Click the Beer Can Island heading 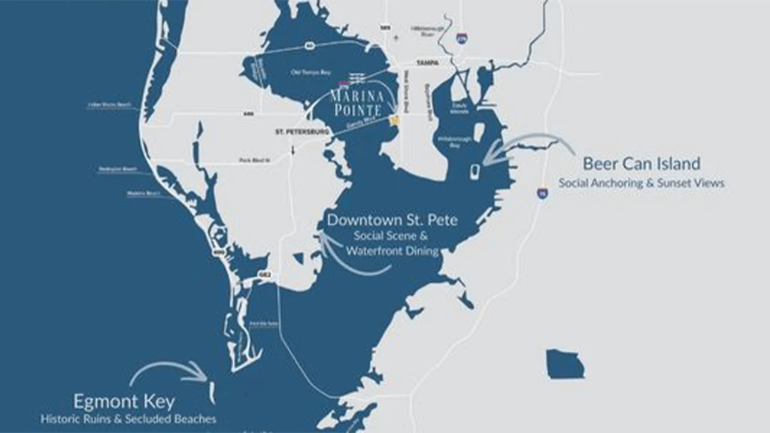[x=641, y=163]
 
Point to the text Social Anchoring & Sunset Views [x=641, y=183]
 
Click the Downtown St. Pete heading [x=392, y=220]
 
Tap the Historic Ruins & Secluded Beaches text [x=129, y=419]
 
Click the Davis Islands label [x=459, y=107]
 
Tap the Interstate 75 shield [x=542, y=193]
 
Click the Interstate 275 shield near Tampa [x=461, y=37]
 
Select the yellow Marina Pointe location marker [x=394, y=121]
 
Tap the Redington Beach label [x=117, y=169]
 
